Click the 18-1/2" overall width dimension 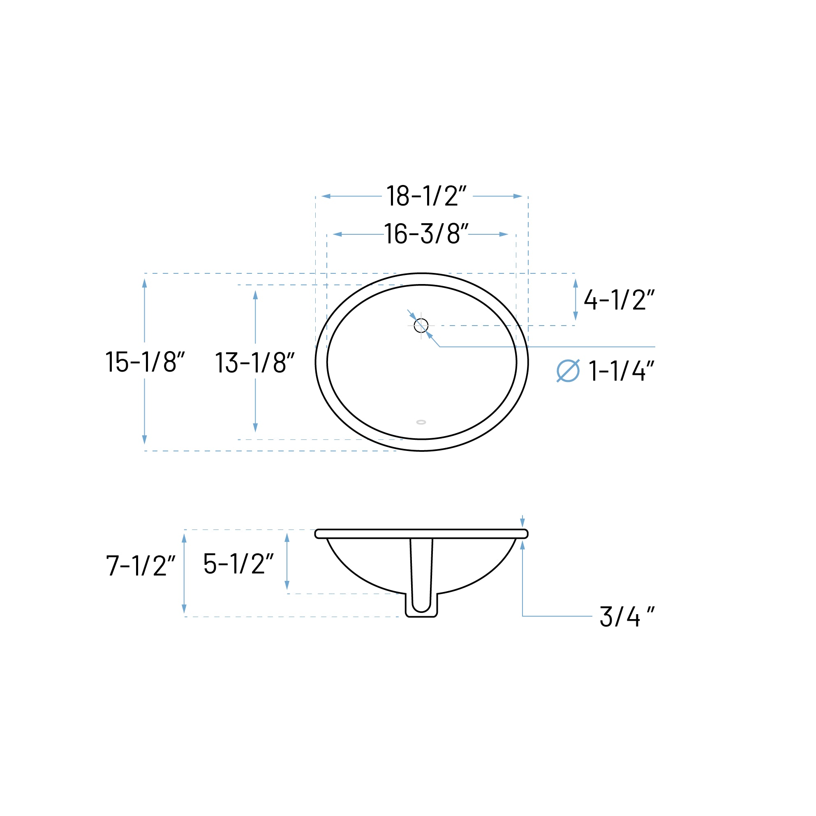pyautogui.click(x=427, y=196)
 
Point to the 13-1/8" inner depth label pyautogui.click(x=255, y=363)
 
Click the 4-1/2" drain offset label pyautogui.click(x=619, y=300)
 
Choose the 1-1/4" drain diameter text pyautogui.click(x=621, y=371)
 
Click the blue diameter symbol pyautogui.click(x=568, y=371)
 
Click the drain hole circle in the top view pyautogui.click(x=421, y=326)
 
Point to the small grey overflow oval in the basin pyautogui.click(x=421, y=422)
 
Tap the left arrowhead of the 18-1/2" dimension pyautogui.click(x=326, y=196)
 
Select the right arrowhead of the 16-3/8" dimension pyautogui.click(x=504, y=234)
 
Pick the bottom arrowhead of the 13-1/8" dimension pyautogui.click(x=255, y=428)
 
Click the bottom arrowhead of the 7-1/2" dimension pyautogui.click(x=184, y=609)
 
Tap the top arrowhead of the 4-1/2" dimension pyautogui.click(x=575, y=283)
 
